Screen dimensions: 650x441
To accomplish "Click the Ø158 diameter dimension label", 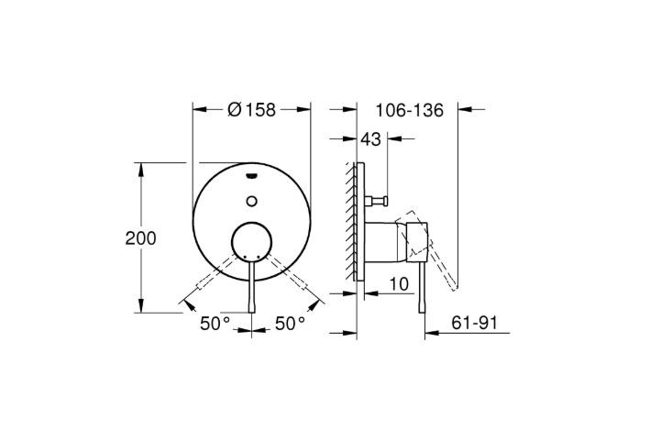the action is [x=251, y=110].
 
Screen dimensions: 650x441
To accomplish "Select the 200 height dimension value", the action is [x=141, y=238].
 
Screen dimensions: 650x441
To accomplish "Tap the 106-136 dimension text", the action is [x=410, y=110].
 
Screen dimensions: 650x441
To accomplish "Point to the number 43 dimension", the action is [x=370, y=139].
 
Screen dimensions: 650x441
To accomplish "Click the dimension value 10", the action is [x=399, y=284].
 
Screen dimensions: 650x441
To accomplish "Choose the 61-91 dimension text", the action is [x=474, y=323].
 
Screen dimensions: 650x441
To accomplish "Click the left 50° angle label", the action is [x=215, y=324].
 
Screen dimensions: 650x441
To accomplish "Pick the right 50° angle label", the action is [x=291, y=324].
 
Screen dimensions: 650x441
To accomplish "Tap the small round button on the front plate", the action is [x=251, y=201].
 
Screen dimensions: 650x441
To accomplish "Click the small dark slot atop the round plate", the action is [x=251, y=177].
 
